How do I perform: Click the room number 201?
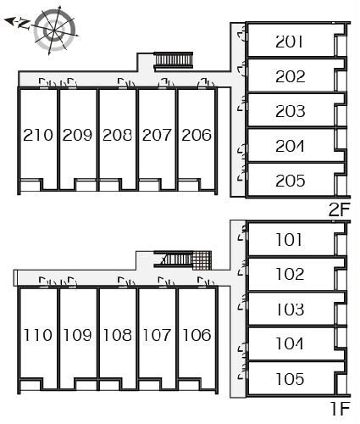(289, 42)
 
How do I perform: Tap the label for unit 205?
(291, 181)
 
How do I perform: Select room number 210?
(38, 135)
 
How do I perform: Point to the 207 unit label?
(157, 135)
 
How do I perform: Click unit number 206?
(197, 135)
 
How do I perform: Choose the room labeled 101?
(289, 239)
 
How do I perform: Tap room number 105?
(290, 379)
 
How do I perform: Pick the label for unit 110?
(38, 335)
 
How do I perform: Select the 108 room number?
(118, 335)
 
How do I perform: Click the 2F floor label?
(340, 209)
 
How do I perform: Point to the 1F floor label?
(341, 408)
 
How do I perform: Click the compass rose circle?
(54, 29)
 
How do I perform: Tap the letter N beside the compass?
(24, 24)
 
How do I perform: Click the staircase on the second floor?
(174, 60)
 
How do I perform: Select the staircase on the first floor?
(173, 259)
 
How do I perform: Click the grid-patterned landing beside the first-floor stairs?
(202, 260)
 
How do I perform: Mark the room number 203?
(291, 111)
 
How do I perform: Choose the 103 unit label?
(290, 309)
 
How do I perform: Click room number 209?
(77, 135)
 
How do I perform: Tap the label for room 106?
(197, 335)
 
